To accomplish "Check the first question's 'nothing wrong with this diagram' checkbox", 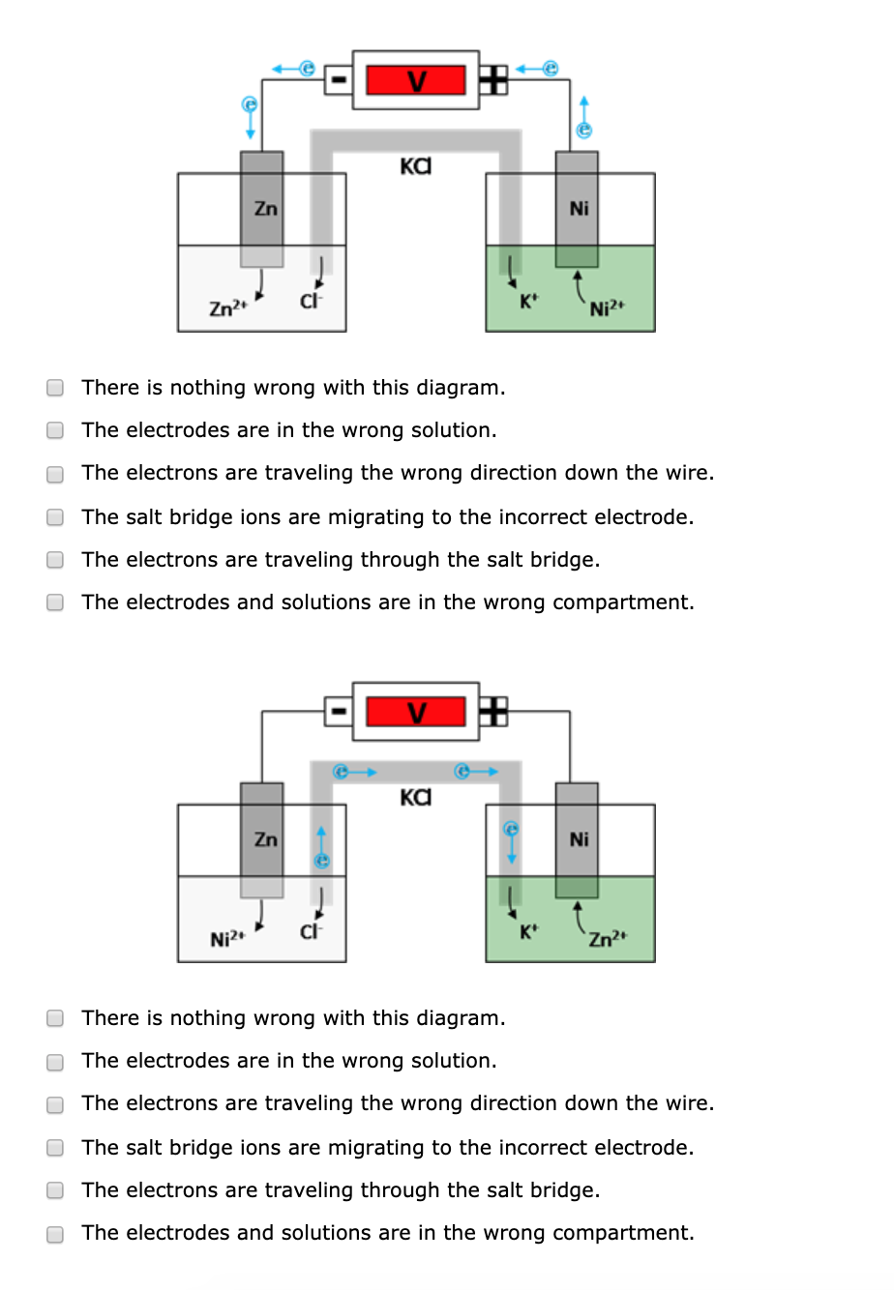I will pos(56,388).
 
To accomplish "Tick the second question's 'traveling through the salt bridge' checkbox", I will pos(56,1190).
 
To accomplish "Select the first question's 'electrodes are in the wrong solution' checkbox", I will pos(56,430).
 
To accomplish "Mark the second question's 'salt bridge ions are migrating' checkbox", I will pos(56,1148).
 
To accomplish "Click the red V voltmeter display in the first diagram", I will pos(416,80).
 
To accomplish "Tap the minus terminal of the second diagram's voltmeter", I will pos(338,712).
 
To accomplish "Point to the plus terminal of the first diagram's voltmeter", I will pos(493,80).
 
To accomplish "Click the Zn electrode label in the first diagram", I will pos(265,208).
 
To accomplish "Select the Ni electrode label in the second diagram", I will pos(579,839).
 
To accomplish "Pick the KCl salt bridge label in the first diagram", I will pos(415,166).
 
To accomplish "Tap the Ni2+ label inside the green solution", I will pos(608,308).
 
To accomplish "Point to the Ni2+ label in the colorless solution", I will pos(228,938).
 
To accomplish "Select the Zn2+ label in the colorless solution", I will pos(228,308).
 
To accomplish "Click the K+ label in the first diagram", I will pos(527,301).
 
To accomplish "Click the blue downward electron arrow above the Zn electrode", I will pos(250,116).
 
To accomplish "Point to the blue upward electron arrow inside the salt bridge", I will pos(322,847).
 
